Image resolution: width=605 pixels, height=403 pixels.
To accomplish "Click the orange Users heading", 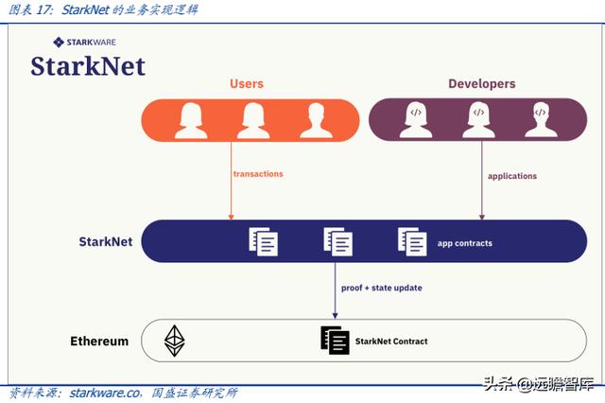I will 247,83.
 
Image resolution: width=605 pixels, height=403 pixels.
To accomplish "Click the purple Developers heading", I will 481,83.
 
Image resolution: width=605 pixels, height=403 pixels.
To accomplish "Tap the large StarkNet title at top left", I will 87,65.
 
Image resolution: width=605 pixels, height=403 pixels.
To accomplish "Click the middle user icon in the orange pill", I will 253,120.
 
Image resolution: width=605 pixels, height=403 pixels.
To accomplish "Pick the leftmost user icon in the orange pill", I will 191,120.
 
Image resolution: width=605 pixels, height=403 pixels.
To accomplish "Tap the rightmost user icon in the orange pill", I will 316,120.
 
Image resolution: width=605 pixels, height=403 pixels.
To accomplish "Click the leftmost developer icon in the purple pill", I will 415,120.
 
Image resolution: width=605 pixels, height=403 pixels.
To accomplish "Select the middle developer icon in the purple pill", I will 478,120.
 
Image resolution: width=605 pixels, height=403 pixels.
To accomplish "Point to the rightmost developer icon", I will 541,120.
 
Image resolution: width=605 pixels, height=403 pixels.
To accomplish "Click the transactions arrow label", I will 258,174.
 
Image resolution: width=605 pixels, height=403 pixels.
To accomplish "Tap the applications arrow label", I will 511,176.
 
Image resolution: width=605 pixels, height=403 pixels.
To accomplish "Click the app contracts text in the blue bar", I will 464,243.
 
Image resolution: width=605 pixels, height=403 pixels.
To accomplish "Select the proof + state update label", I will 381,288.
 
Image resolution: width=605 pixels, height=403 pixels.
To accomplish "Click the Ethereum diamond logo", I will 175,341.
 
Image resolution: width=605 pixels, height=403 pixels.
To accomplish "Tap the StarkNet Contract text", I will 390,341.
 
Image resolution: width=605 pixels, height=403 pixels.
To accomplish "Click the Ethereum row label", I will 99,341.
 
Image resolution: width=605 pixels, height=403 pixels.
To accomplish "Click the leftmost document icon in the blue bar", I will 264,241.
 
